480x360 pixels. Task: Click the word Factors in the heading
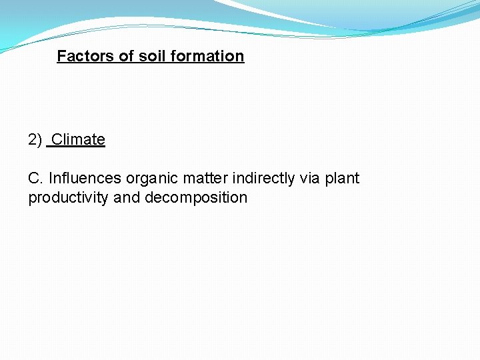click(x=86, y=56)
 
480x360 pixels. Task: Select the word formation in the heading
click(x=207, y=56)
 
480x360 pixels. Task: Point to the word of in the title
click(x=127, y=56)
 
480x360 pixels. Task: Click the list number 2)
click(x=35, y=139)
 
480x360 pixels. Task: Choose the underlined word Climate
click(x=78, y=139)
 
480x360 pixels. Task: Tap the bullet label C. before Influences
click(x=36, y=179)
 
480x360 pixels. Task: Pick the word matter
click(x=205, y=179)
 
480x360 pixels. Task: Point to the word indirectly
click(x=263, y=179)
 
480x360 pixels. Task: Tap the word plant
click(x=342, y=179)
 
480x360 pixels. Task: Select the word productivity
click(x=69, y=198)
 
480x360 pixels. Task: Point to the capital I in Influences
click(x=51, y=179)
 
